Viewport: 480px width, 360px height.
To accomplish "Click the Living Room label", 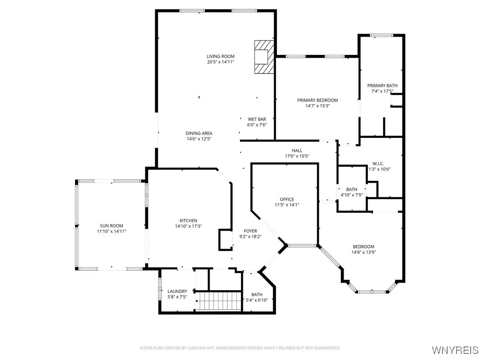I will tap(220, 56).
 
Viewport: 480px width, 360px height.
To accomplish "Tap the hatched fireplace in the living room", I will tap(263, 57).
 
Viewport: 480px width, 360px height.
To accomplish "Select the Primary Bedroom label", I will tap(317, 100).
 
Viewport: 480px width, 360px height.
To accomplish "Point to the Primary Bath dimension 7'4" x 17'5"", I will tap(382, 91).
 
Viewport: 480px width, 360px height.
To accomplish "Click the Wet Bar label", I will tap(256, 119).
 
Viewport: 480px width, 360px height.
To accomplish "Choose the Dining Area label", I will tap(199, 133).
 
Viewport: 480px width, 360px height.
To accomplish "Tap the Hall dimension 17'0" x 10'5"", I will tap(297, 156).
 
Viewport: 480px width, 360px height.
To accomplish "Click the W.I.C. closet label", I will tap(378, 164).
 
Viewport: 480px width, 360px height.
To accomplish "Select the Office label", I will tap(287, 199).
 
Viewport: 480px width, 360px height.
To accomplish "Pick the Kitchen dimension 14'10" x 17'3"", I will tap(188, 226).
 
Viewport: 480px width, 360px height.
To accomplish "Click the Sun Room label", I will tap(111, 225).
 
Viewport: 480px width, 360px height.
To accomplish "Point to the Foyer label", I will tap(250, 231).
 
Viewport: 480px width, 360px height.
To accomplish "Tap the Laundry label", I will tap(177, 291).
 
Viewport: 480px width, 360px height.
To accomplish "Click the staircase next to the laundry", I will tap(217, 300).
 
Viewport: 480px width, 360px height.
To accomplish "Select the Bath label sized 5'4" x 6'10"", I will tap(256, 294).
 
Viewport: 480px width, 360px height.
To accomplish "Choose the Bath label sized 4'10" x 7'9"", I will tap(352, 189).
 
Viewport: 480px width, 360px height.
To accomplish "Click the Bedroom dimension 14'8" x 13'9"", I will tap(363, 252).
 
